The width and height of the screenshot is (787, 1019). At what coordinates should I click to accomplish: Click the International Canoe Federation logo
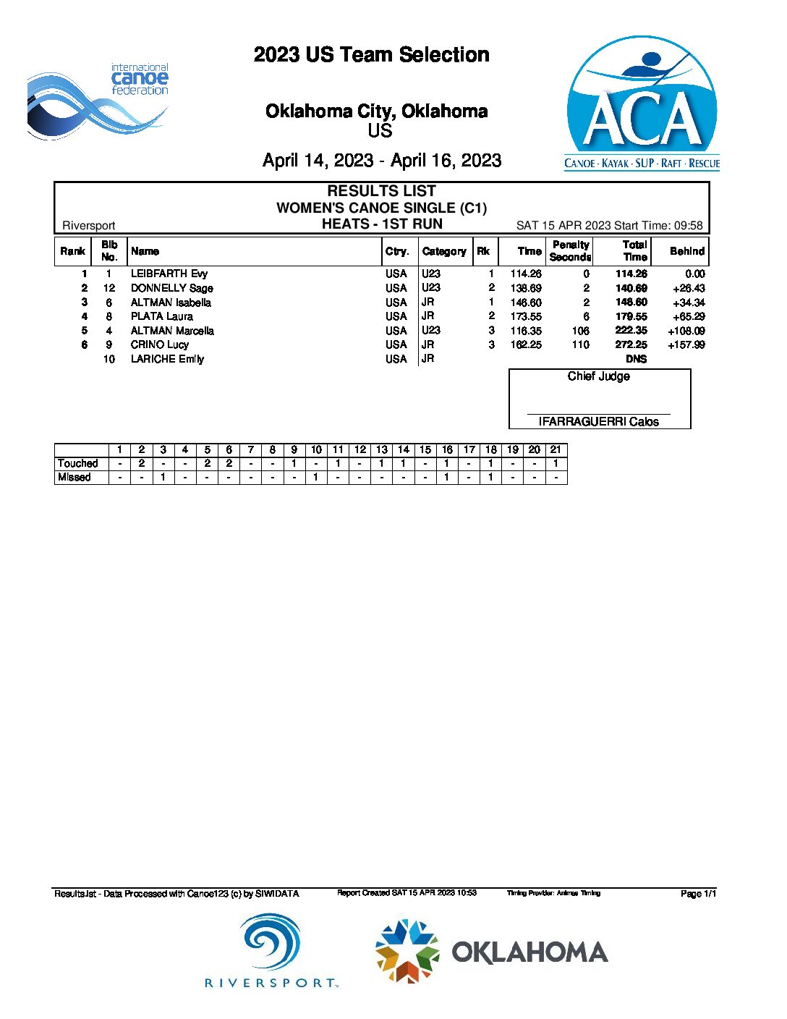tap(98, 101)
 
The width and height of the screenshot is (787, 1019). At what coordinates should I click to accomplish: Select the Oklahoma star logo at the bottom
tap(407, 951)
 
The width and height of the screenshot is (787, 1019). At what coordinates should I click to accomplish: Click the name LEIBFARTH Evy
tap(169, 274)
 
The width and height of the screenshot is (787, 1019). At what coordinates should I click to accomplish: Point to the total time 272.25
tap(631, 344)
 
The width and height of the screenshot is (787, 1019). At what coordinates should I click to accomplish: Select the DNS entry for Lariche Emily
tap(637, 359)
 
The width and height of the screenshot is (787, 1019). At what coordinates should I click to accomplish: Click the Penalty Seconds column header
tap(570, 251)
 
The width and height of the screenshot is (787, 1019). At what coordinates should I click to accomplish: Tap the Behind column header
tap(686, 251)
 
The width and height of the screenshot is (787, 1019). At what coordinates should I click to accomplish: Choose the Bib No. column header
tap(109, 251)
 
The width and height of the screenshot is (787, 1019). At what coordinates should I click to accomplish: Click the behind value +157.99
tap(686, 344)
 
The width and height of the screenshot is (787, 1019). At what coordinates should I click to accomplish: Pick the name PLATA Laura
tap(162, 316)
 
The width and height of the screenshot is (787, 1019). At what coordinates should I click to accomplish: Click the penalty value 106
tap(580, 331)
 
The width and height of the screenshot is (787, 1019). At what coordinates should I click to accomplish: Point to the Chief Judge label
tap(598, 376)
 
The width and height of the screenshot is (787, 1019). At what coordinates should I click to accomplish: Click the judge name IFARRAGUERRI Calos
tap(598, 421)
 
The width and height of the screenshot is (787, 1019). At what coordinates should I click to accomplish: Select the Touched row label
tap(77, 463)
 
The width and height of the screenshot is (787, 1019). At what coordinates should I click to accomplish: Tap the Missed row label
tap(75, 477)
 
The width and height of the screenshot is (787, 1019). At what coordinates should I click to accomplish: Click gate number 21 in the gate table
tap(556, 449)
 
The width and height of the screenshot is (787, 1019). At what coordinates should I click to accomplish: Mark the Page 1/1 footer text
tap(698, 894)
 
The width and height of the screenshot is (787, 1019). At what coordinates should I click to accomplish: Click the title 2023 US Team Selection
tap(371, 55)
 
